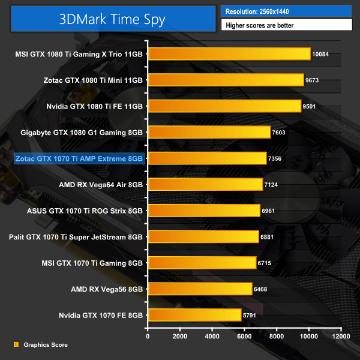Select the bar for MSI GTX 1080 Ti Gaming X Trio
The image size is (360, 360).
click(229, 54)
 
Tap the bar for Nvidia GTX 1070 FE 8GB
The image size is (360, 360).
click(194, 315)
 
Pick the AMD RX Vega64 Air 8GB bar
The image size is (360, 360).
click(205, 184)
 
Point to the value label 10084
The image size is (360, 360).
click(323, 54)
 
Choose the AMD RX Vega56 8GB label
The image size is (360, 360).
click(107, 289)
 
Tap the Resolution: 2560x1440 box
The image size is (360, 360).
click(286, 11)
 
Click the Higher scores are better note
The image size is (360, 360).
click(286, 26)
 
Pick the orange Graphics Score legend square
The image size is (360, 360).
click(16, 345)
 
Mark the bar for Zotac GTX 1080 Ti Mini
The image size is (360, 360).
click(226, 80)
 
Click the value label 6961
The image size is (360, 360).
click(272, 211)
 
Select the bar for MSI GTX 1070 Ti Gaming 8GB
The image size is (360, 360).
click(202, 263)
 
